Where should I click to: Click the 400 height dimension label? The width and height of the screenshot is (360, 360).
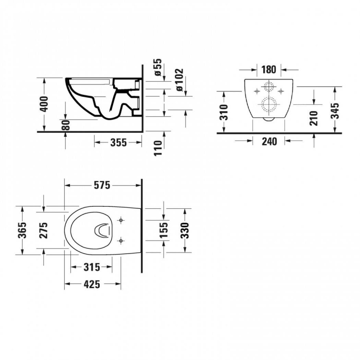coord(44,104)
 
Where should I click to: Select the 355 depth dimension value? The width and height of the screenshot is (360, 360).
coord(118,142)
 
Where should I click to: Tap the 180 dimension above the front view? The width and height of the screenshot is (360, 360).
coord(268,69)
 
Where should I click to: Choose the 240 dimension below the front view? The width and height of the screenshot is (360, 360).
coord(269,141)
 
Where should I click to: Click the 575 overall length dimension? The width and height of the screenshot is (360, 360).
coord(102,186)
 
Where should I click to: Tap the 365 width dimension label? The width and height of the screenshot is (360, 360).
coord(22,230)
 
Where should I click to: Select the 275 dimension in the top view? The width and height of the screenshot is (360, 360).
coord(44,230)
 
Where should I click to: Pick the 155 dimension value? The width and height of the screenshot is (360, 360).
coord(164,230)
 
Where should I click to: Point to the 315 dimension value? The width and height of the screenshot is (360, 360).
coord(92,267)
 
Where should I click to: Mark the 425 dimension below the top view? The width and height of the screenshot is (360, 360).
coord(92,284)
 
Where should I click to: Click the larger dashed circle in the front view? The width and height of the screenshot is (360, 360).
coord(268,104)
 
